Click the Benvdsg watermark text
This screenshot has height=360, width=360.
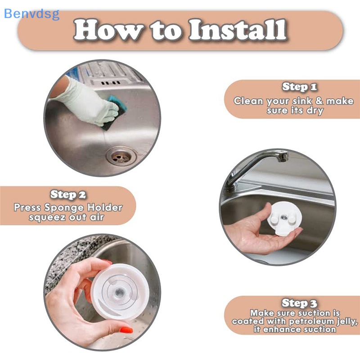pos(31,14)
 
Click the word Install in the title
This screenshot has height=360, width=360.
pos(238,30)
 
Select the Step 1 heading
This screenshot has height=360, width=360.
pos(299,87)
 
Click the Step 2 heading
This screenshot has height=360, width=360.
pos(68,194)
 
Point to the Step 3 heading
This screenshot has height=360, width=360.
pos(299,303)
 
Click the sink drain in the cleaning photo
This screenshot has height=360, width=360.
pos(120,156)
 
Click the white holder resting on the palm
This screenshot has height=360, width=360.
pos(284,218)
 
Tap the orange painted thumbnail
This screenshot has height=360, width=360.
pos(126,330)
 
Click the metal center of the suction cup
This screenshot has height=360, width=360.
pos(119,292)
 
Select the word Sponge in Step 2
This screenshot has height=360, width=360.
pos(64,207)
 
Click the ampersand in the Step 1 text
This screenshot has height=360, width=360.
pos(319,101)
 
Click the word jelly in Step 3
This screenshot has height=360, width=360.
pos(347,321)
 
